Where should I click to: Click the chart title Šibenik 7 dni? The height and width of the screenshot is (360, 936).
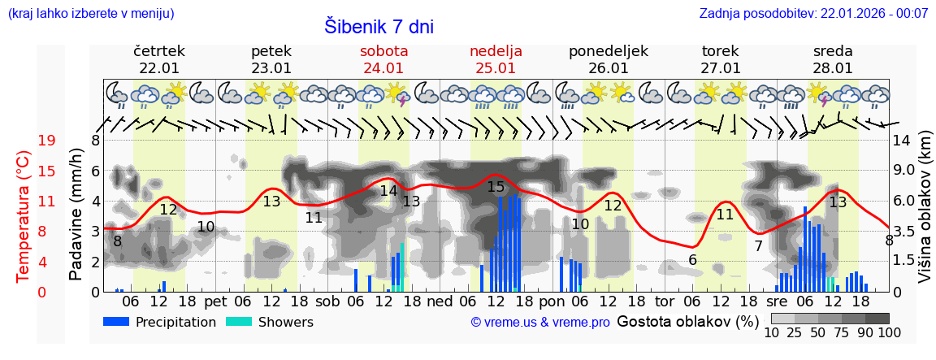pyautogui.click(x=379, y=26)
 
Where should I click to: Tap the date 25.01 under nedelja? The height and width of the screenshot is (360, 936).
pyautogui.click(x=496, y=68)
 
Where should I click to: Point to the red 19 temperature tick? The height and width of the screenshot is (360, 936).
pyautogui.click(x=46, y=141)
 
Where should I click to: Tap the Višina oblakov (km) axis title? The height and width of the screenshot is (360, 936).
pyautogui.click(x=925, y=216)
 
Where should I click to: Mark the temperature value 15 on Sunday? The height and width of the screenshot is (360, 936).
pyautogui.click(x=496, y=187)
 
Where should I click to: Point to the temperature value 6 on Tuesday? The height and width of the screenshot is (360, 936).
pyautogui.click(x=692, y=260)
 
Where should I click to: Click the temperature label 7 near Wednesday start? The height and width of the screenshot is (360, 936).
pyautogui.click(x=758, y=246)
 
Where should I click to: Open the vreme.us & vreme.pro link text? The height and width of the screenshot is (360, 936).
pyautogui.click(x=540, y=323)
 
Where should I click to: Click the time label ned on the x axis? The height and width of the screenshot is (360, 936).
pyautogui.click(x=440, y=301)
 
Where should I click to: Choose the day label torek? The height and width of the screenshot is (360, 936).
pyautogui.click(x=720, y=51)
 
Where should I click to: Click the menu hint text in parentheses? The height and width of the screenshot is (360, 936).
pyautogui.click(x=90, y=14)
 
